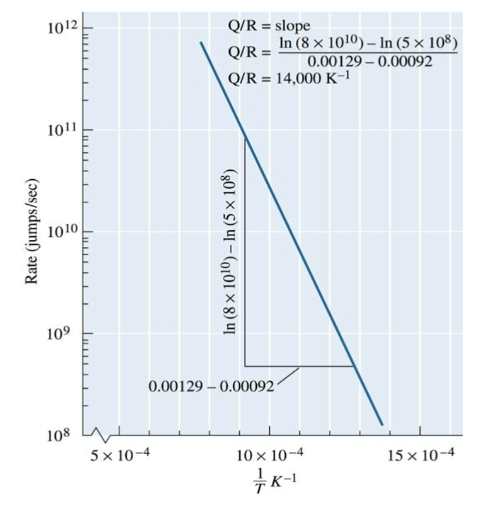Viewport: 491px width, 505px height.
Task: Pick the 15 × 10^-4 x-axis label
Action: pos(419,455)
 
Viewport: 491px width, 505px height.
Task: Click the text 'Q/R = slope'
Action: pos(269,26)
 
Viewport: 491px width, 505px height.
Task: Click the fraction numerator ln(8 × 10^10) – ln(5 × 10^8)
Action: pos(369,44)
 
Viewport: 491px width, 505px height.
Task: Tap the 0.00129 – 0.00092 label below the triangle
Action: pos(212,386)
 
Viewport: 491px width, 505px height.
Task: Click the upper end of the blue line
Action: pos(201,42)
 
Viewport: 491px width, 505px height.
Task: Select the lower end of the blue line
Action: pos(382,424)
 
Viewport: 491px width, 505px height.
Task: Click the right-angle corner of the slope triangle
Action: pos(245,366)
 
